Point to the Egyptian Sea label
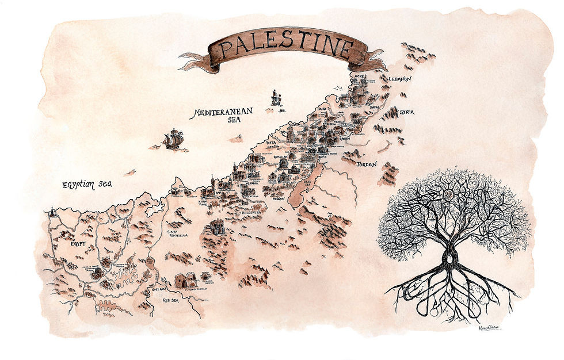pyautogui.click(x=87, y=185)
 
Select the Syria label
pyautogui.click(x=407, y=112)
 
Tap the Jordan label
pyautogui.click(x=366, y=164)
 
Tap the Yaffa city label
pyautogui.click(x=272, y=141)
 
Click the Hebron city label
pyautogui.click(x=278, y=198)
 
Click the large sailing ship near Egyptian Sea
pyautogui.click(x=173, y=139)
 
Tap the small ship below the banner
pyautogui.click(x=276, y=98)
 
